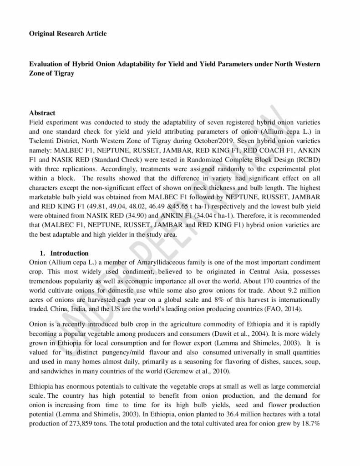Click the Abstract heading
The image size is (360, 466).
(x=42, y=113)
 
